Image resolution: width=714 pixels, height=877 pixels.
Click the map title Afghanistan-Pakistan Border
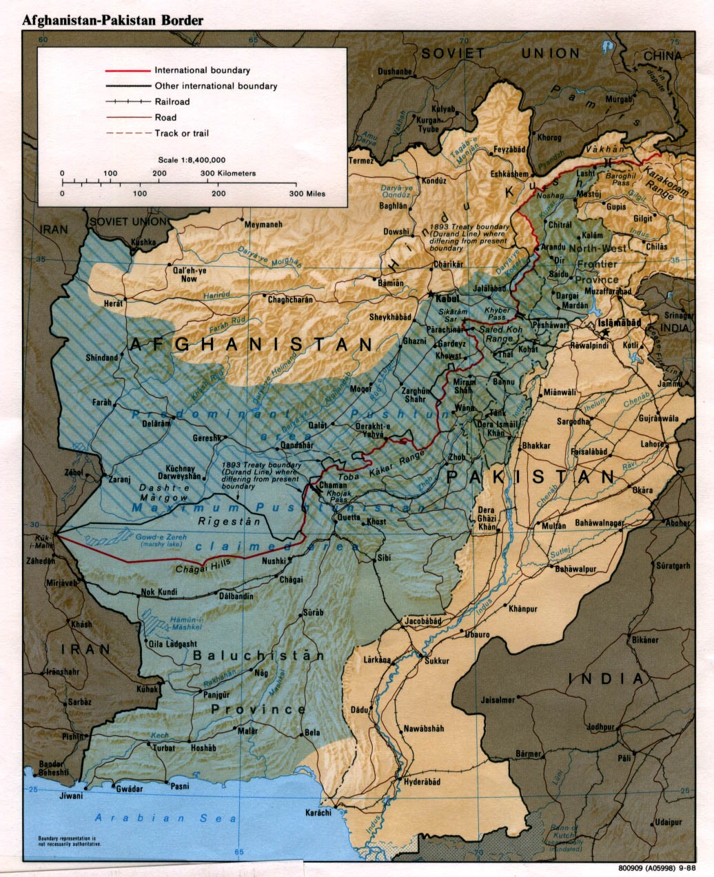[x=113, y=20]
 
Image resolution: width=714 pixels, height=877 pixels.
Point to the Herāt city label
[x=112, y=303]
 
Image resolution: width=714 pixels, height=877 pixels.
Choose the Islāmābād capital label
[x=620, y=322]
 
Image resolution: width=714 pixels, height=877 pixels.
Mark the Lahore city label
[x=651, y=445]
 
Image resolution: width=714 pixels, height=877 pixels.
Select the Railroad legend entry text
[x=172, y=102]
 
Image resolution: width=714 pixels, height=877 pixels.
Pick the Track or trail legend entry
[x=181, y=133]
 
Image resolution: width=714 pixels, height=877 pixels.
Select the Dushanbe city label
[x=394, y=71]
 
